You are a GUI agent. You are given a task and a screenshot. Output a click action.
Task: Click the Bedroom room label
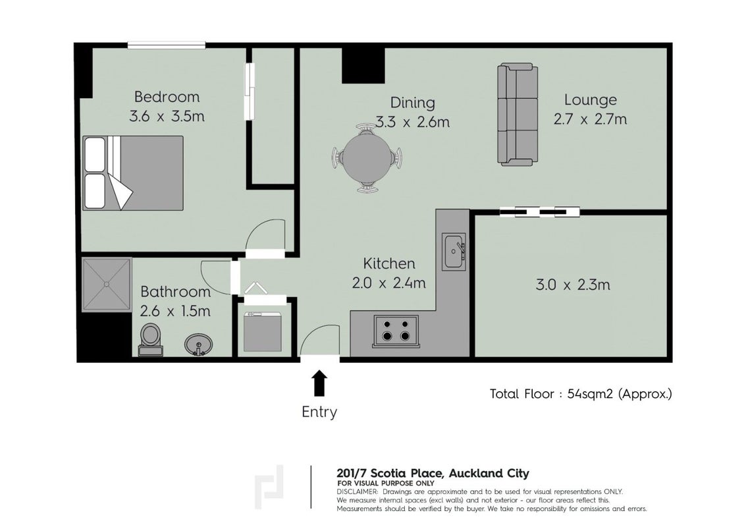(x=167, y=97)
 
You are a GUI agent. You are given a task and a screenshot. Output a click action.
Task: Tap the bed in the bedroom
(x=133, y=173)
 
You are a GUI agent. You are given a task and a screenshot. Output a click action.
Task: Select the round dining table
(x=366, y=157)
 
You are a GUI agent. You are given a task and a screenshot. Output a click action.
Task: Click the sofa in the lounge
(x=518, y=115)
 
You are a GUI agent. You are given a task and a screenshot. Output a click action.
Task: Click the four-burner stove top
(x=396, y=330)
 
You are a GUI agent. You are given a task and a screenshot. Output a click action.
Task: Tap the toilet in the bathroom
(x=151, y=339)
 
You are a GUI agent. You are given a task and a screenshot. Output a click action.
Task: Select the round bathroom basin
(x=199, y=344)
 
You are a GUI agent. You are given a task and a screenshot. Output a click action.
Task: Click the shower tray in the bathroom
(x=107, y=285)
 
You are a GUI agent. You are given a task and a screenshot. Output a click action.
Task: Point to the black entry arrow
(x=319, y=383)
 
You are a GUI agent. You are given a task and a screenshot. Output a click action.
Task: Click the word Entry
(x=319, y=412)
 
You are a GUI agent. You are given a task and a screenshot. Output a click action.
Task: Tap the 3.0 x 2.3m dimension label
(x=573, y=285)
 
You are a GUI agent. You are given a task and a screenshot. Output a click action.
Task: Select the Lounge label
(x=591, y=100)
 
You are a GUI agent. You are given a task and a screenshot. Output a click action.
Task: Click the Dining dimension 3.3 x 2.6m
(x=412, y=122)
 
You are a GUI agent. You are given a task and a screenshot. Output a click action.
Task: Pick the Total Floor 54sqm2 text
(x=581, y=394)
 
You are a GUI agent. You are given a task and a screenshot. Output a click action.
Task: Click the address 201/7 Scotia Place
(x=390, y=474)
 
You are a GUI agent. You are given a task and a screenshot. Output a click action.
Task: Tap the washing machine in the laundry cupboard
(x=263, y=331)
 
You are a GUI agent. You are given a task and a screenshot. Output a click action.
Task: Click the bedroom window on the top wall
(x=167, y=45)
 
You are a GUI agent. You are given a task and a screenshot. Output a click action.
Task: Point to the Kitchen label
(x=389, y=263)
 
